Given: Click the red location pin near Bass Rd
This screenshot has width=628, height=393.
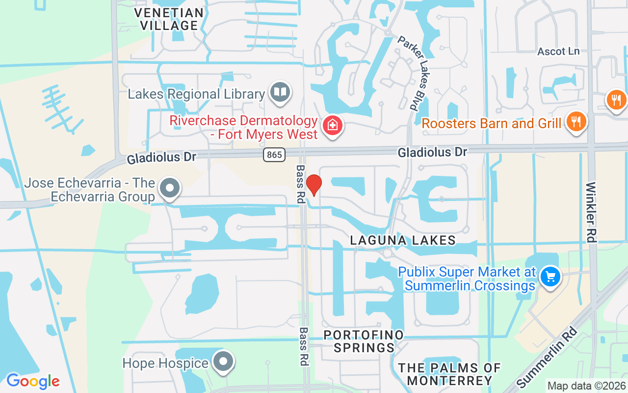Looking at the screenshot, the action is [x=314, y=185].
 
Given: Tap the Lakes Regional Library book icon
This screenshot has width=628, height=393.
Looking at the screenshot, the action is [x=280, y=92].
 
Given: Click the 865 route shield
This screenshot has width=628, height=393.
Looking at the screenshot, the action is [x=274, y=155].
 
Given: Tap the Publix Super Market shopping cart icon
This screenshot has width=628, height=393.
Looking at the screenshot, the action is [x=550, y=277].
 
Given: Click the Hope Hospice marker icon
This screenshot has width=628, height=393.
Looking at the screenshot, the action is [x=224, y=362].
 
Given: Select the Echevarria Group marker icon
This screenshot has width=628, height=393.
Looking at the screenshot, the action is [x=170, y=187].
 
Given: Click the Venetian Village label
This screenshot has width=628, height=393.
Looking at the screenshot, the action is [x=169, y=19].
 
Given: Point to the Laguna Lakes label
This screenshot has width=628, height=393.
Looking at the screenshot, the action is [x=403, y=240].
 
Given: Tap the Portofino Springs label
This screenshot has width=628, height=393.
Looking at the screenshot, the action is [x=364, y=341].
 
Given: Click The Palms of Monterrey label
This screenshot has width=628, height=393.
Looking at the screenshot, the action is [x=449, y=374].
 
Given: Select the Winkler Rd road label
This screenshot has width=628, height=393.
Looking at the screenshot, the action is [x=591, y=212].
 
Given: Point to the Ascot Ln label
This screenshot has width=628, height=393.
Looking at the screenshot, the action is [x=558, y=51].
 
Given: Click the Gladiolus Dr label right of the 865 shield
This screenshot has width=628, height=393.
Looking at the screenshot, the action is [x=432, y=152].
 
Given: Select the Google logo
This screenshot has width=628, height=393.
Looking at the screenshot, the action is [x=33, y=381].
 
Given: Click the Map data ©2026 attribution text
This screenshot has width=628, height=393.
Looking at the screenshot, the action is [x=586, y=386].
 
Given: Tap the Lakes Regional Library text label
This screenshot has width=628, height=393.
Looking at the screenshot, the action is [x=196, y=94].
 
